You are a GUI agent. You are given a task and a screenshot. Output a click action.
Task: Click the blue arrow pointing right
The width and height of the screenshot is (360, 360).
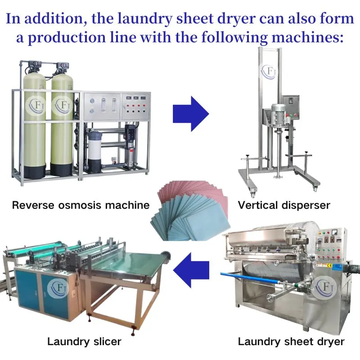190,114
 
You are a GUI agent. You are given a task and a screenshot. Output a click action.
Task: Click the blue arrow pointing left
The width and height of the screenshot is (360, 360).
191,270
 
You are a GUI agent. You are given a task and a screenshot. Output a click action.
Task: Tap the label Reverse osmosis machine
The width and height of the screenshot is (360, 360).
81,205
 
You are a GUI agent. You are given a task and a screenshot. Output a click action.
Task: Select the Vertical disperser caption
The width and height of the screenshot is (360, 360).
284,205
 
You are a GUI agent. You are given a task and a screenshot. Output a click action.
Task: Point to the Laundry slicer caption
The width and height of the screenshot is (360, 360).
84,342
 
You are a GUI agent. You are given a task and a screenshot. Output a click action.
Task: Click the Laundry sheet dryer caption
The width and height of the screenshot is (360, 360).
291,342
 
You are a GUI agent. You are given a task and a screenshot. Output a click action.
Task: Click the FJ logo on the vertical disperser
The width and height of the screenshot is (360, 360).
269,72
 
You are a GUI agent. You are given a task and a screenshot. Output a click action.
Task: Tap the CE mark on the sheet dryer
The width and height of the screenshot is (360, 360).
329,265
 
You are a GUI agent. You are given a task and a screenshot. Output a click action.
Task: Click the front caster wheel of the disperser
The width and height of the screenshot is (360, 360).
253,194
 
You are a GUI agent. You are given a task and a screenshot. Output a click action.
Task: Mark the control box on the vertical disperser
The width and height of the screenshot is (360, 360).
291,106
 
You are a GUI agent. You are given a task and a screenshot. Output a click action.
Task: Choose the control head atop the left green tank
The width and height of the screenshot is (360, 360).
35,65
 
